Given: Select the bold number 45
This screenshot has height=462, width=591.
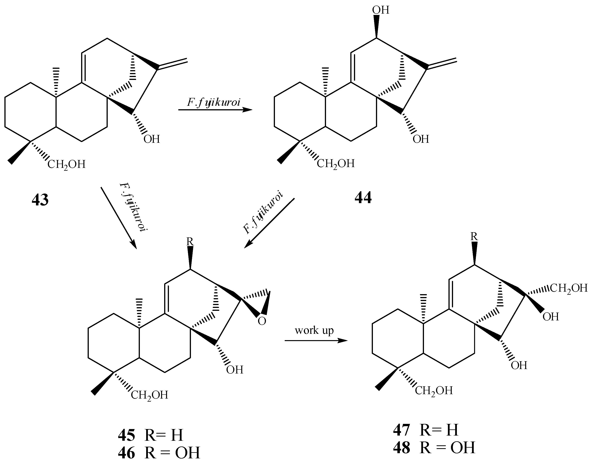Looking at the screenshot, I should [x=126, y=435].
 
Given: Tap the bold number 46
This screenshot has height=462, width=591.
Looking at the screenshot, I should [x=126, y=453].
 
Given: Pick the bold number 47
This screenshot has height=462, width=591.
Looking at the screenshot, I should [x=402, y=430].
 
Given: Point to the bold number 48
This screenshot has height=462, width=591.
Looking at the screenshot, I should [x=402, y=447].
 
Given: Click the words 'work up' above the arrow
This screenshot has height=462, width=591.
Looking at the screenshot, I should [x=314, y=330].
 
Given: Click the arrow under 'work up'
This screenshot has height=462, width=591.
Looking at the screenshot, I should [x=316, y=341].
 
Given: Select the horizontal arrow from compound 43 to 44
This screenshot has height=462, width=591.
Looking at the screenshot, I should [x=215, y=110].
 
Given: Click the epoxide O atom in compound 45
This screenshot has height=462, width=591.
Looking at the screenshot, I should [x=262, y=321].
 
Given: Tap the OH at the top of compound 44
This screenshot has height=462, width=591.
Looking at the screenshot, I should [x=381, y=10].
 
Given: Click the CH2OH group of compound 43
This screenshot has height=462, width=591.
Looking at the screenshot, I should [x=66, y=164].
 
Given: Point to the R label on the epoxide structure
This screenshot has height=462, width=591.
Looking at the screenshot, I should [x=190, y=241].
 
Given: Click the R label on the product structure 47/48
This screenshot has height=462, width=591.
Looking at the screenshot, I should [x=474, y=236].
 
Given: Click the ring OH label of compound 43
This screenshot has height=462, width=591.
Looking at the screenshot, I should [x=152, y=139].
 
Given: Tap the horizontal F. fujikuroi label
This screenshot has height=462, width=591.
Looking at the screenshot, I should [x=214, y=102].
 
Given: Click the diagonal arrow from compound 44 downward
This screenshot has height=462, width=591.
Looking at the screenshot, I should [x=269, y=223].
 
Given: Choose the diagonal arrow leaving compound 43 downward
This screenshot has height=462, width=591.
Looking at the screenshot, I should [x=118, y=218].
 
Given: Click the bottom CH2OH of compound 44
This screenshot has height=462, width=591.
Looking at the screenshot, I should [x=336, y=164].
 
